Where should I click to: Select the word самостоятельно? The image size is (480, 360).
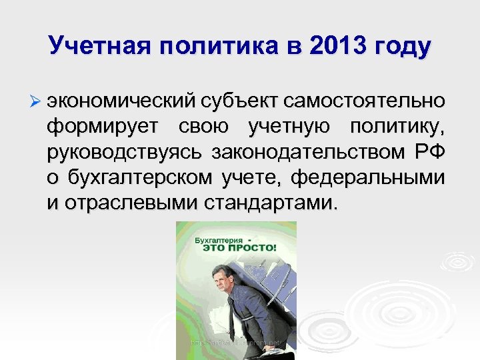coord(363,102)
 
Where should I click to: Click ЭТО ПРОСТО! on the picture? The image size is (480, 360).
coord(237,247)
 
